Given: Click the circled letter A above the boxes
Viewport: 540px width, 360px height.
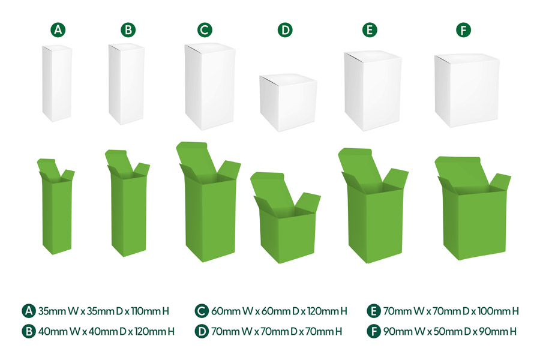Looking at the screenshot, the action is coord(58,30).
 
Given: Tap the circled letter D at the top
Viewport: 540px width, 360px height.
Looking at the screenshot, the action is coord(285,30).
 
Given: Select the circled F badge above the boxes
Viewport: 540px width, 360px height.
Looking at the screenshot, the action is coord(464,30).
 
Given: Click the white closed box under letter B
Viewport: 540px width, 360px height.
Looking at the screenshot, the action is coord(127,84).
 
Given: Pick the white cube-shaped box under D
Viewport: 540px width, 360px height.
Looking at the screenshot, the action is coord(288,103).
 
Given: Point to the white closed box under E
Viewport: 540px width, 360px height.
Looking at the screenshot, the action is coord(373,91).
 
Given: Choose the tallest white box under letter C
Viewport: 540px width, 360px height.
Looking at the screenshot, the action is coord(210,86).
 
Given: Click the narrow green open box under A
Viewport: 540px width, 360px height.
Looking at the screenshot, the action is coord(56,206).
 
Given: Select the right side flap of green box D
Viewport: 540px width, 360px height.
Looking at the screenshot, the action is coord(308,203).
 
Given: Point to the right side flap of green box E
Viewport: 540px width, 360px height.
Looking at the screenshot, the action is coord(395,178).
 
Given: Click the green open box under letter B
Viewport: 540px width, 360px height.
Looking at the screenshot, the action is coord(128,203).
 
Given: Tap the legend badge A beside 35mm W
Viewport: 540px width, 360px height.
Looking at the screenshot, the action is coord(29,311).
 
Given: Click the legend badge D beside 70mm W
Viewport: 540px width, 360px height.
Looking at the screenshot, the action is coord(202,331).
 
